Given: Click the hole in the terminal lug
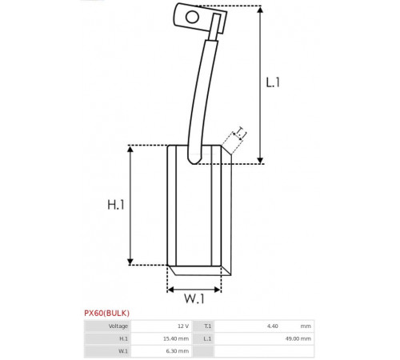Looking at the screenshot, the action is tap(192, 18).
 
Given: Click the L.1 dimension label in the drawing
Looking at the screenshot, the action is tap(273, 82).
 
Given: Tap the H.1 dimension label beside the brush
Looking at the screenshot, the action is tap(116, 205).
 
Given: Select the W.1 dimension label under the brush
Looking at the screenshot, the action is tap(194, 298).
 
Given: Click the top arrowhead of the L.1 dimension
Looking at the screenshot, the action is tap(260, 10).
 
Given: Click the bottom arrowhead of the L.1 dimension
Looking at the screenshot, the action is tap(260, 160).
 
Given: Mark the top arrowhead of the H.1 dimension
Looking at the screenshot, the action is tap(130, 149).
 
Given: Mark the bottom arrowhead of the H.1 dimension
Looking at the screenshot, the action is tap(130, 262).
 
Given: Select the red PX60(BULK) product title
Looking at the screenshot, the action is tap(106, 313).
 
